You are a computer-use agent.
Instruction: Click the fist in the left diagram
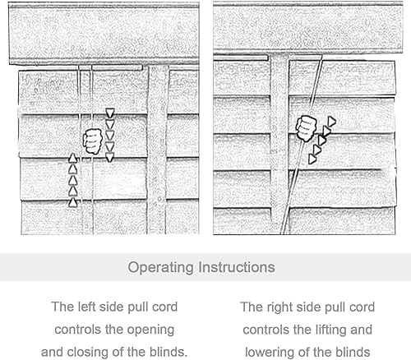(x=93, y=141)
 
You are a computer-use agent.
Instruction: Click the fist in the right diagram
(x=306, y=128)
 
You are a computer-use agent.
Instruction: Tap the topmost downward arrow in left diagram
(x=110, y=113)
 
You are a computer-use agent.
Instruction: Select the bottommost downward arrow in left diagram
(x=109, y=157)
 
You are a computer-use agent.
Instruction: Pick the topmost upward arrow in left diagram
(x=72, y=159)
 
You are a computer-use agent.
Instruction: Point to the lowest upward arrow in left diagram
(x=73, y=202)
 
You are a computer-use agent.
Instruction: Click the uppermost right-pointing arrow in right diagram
(x=331, y=122)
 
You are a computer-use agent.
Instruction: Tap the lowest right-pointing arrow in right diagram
(x=312, y=159)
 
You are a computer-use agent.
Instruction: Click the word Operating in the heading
(x=161, y=268)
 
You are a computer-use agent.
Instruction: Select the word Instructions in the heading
(x=237, y=267)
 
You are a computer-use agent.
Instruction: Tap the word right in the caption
(x=279, y=307)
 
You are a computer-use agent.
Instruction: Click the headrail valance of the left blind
(x=104, y=34)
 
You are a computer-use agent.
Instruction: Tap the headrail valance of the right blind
(x=308, y=28)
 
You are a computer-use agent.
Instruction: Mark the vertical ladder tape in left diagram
(x=158, y=150)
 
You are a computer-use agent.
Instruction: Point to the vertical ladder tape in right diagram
(x=279, y=144)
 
